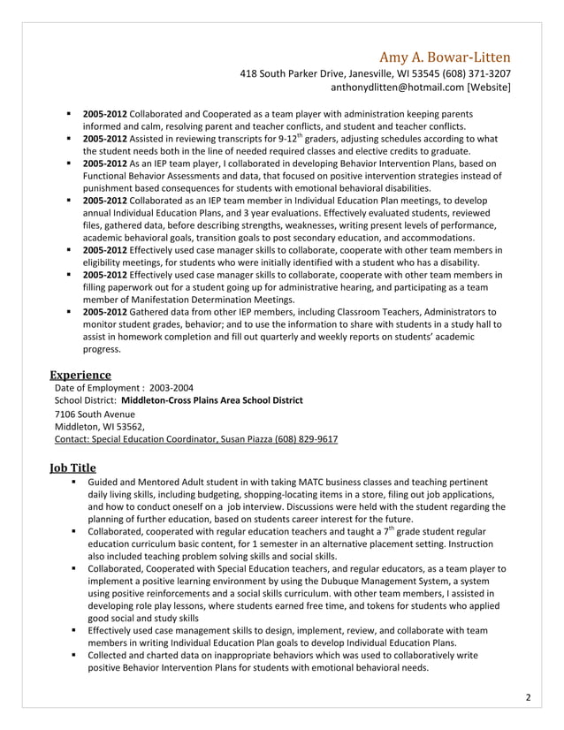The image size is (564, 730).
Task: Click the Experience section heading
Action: (80, 375)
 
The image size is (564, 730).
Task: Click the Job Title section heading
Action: (72, 467)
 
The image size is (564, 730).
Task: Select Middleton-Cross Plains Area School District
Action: (211, 400)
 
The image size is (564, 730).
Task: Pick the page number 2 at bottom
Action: (528, 698)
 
